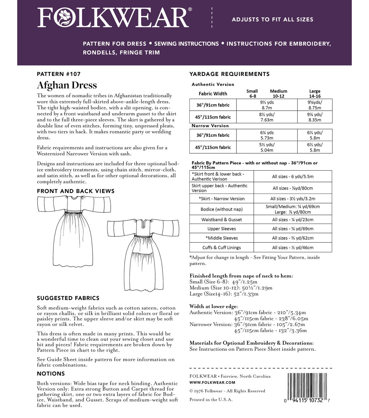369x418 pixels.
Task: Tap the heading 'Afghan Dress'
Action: (67, 85)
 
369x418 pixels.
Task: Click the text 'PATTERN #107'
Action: (58, 74)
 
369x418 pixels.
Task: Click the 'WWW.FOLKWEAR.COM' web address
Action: (212, 383)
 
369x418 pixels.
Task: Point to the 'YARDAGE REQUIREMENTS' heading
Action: (229, 74)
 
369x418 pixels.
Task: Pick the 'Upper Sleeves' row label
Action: (221, 229)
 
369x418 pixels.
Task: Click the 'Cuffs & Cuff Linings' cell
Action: (221, 247)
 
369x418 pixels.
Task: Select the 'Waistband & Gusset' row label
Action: (221, 220)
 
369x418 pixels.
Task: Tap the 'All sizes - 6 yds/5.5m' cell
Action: (292, 176)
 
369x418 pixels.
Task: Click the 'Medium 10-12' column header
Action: (279, 93)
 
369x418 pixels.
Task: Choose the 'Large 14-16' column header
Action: (315, 93)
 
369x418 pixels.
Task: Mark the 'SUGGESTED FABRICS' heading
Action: (68, 298)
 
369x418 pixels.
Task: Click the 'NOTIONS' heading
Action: (51, 374)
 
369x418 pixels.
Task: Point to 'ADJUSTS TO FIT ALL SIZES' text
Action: (272, 19)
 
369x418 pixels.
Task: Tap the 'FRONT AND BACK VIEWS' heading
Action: (76, 191)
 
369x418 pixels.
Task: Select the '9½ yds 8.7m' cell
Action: (267, 105)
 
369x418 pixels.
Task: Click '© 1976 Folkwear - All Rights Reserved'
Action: (227, 391)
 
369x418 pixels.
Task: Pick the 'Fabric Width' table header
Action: (213, 94)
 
